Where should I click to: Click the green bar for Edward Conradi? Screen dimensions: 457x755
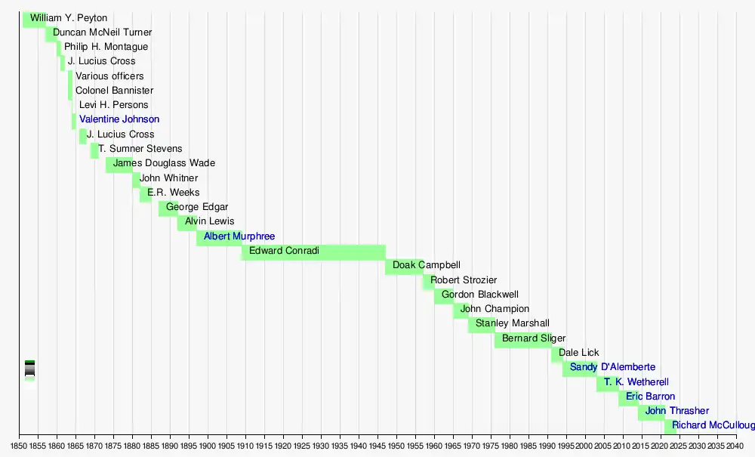point(313,252)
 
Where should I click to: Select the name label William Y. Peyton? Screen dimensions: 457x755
point(69,18)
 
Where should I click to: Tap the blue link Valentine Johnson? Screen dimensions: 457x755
point(119,119)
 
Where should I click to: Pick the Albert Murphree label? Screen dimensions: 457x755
point(239,237)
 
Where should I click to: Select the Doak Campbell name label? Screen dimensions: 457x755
point(427,266)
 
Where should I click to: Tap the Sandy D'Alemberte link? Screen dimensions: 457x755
point(612,368)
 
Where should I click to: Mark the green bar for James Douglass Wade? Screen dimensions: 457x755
point(119,165)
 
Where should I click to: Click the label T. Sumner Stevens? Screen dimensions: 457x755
point(140,150)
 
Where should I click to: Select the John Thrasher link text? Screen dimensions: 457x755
point(677,411)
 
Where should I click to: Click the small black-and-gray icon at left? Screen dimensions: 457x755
point(29,369)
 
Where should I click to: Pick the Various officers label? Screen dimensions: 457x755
point(109,76)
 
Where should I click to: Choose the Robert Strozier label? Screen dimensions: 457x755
point(464,280)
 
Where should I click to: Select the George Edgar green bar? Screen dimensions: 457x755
point(168,208)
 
